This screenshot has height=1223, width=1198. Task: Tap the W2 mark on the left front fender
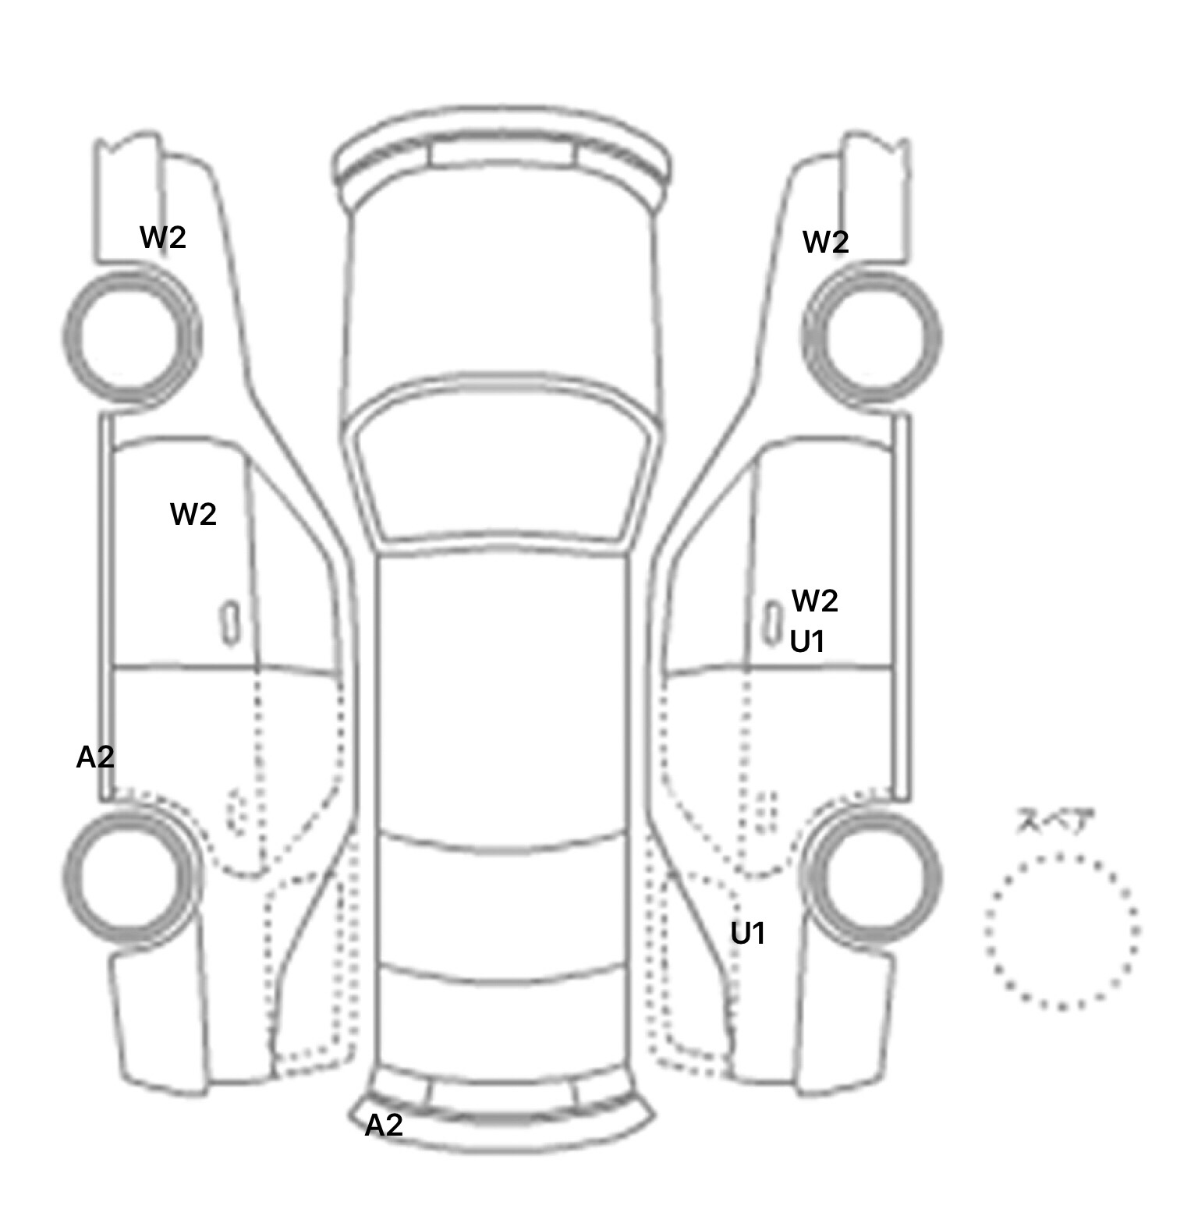point(163,237)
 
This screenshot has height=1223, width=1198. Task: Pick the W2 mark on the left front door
point(193,514)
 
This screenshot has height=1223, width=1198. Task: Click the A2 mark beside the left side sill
point(95,757)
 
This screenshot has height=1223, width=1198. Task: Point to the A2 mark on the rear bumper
point(385,1125)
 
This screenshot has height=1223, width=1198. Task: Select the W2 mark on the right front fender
point(826,243)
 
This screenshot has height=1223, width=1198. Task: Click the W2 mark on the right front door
point(815,601)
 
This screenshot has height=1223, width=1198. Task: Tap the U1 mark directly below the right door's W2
point(807,642)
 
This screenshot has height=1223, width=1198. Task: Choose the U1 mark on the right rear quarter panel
point(748,933)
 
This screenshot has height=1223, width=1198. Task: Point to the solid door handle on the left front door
point(230,622)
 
